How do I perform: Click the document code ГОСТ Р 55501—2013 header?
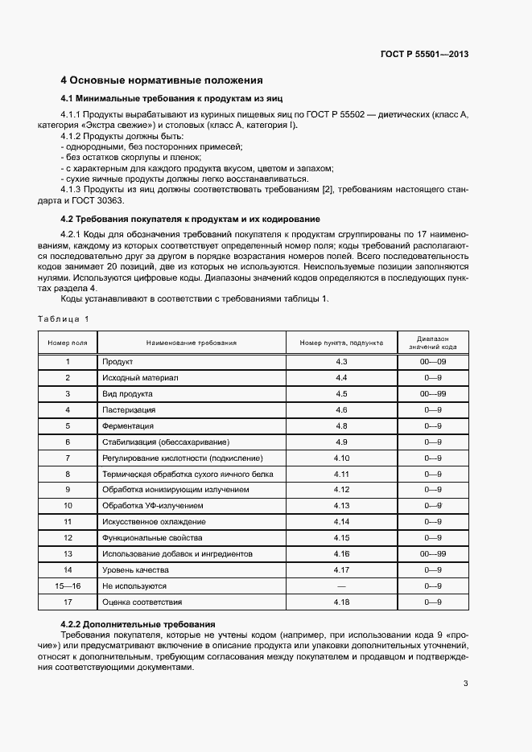coord(423,55)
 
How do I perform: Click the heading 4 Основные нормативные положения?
coord(162,80)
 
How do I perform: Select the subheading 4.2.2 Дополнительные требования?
coord(138,624)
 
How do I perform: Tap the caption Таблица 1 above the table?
coord(64,319)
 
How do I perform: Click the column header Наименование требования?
coord(191,343)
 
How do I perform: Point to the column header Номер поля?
coord(68,343)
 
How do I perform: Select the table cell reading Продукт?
coord(117,362)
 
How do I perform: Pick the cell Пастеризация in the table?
coord(129,409)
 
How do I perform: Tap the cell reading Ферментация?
coord(127,425)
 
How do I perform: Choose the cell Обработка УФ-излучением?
coord(152,506)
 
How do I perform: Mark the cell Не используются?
coord(134,586)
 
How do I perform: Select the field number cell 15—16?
coord(68,586)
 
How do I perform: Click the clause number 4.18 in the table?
coord(341,602)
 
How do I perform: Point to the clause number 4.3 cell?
coord(341,362)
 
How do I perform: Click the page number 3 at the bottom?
coord(465,684)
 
